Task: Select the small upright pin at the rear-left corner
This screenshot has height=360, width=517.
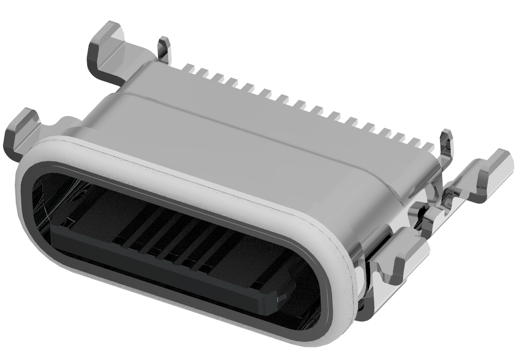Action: coord(164,49)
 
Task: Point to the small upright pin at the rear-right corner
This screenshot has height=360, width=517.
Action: coord(446,143)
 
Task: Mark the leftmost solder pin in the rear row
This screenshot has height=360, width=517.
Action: coord(190,68)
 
